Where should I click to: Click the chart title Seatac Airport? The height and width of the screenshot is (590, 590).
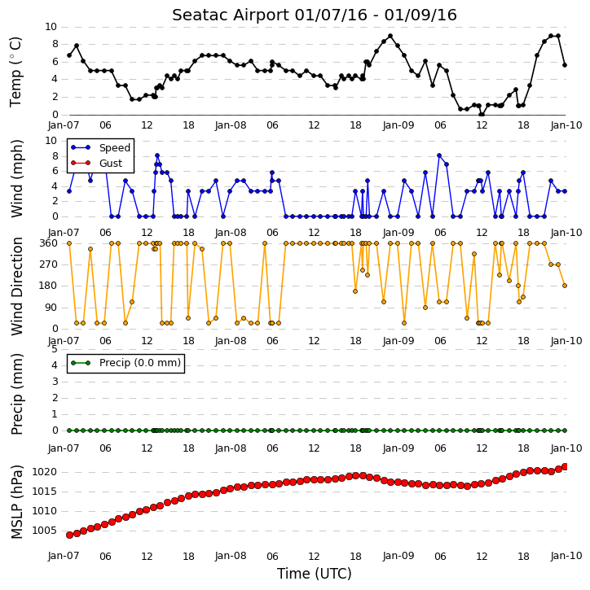pyautogui.click(x=230, y=15)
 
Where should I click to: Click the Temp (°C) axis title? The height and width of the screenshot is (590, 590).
pyautogui.click(x=15, y=72)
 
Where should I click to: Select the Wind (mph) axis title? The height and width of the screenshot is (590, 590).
pyautogui.click(x=16, y=178)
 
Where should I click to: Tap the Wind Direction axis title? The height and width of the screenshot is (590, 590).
pyautogui.click(x=16, y=286)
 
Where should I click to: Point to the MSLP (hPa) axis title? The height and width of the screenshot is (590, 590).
pyautogui.click(x=16, y=502)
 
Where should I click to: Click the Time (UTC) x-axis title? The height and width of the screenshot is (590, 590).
pyautogui.click(x=315, y=574)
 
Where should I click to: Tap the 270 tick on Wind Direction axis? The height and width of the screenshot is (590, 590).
pyautogui.click(x=48, y=264)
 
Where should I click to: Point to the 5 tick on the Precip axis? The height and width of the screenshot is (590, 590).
pyautogui.click(x=55, y=349)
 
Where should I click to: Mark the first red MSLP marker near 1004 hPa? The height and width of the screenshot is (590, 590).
pyautogui.click(x=69, y=535)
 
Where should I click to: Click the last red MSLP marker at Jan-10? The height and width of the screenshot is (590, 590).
pyautogui.click(x=565, y=467)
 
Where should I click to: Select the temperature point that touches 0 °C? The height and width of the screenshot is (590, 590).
pyautogui.click(x=481, y=114)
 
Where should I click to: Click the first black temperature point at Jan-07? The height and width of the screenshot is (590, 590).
pyautogui.click(x=69, y=55)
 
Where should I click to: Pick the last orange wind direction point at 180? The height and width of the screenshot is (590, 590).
pyautogui.click(x=565, y=286)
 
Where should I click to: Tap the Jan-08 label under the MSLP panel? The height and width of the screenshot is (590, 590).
pyautogui.click(x=231, y=556)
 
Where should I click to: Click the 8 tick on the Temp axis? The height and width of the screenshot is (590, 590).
pyautogui.click(x=55, y=44)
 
